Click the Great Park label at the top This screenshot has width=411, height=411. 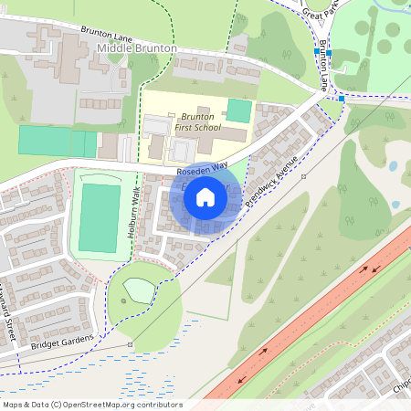pyautogui.click(x=321, y=12)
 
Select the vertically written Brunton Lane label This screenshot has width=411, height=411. pyautogui.click(x=324, y=68)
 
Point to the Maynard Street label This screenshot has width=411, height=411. pyautogui.click(x=10, y=316)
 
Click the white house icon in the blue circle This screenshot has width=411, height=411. pyautogui.click(x=205, y=197)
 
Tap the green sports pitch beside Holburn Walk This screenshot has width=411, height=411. pyautogui.click(x=99, y=218)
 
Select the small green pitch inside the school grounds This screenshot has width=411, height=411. pyautogui.click(x=238, y=111)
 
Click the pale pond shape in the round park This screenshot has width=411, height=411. pyautogui.click(x=139, y=290)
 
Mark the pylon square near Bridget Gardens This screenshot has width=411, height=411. pyautogui.click(x=131, y=344)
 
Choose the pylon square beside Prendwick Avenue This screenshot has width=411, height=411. pyautogui.click(x=303, y=174)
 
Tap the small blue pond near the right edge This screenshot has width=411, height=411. pyautogui.click(x=393, y=167)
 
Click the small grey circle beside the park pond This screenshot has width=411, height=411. pyautogui.click(x=122, y=300)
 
